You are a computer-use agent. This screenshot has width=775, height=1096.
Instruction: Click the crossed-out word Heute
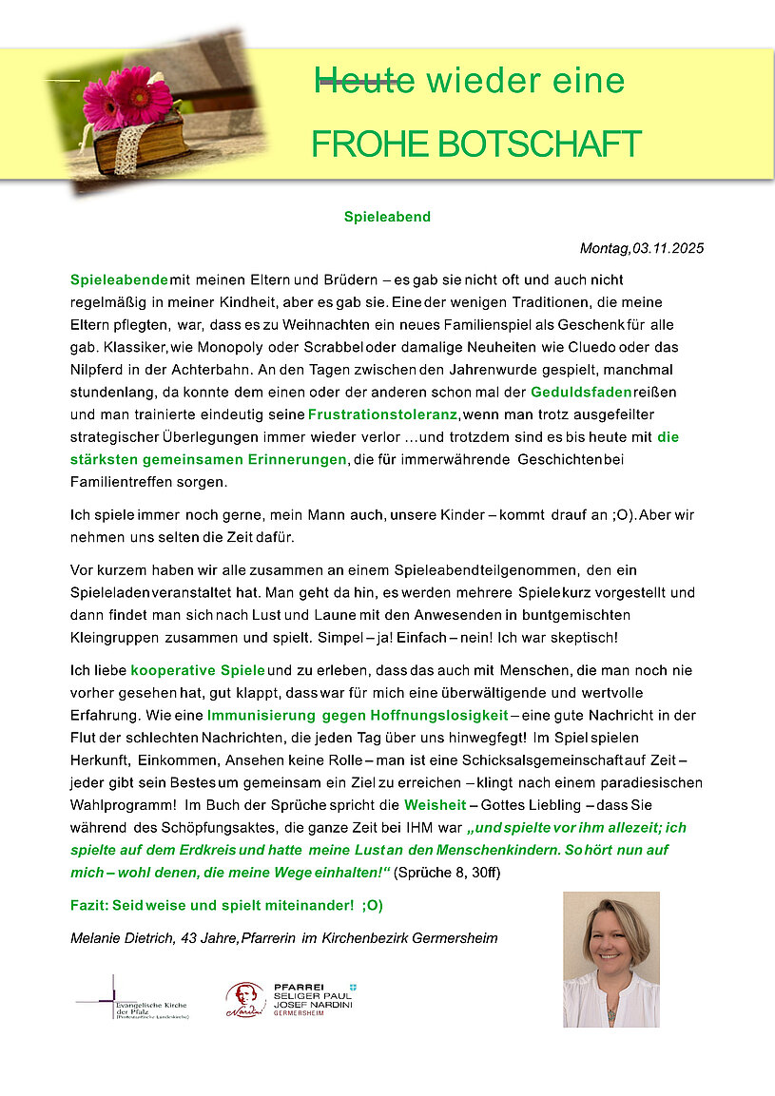click(364, 82)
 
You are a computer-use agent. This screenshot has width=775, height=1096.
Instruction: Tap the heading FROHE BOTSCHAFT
click(476, 144)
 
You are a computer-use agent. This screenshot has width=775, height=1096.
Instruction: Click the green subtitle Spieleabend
click(387, 217)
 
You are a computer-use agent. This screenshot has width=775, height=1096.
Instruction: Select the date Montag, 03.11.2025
click(641, 249)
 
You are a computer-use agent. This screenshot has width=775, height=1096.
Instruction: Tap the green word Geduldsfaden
click(567, 393)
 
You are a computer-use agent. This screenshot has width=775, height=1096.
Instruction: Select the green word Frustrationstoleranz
click(383, 415)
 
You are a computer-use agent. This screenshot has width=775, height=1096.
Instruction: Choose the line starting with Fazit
click(226, 905)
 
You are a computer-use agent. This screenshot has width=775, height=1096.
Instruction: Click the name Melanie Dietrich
click(121, 938)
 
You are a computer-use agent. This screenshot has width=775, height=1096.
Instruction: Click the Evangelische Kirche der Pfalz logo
click(133, 1000)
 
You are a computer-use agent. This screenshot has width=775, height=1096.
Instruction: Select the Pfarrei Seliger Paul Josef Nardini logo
click(290, 999)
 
